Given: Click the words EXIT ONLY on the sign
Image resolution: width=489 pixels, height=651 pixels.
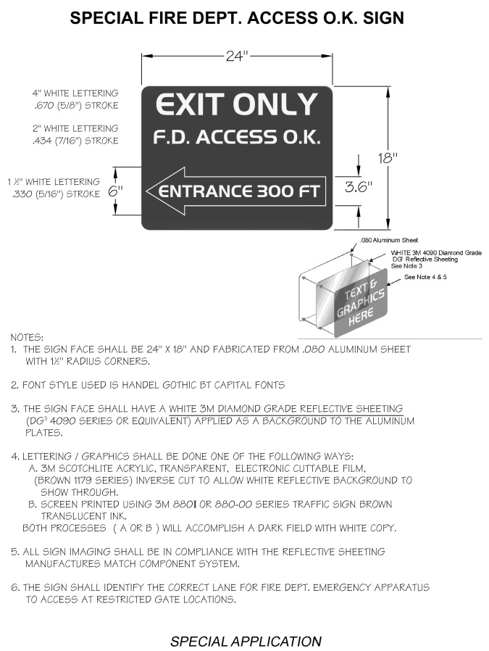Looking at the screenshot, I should [237, 105].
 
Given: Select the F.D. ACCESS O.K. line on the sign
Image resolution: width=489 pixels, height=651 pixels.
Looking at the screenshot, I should [237, 137].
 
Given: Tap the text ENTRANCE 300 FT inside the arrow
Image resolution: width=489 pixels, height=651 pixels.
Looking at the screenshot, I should [241, 192].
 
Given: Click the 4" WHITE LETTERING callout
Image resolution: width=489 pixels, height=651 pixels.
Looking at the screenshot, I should [75, 94].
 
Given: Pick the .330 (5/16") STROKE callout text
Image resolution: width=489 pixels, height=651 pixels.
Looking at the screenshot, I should [55, 194].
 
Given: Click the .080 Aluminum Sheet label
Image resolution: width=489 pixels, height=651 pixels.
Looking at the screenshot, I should [389, 240].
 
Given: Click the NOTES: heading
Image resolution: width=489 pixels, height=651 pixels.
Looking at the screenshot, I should [27, 337].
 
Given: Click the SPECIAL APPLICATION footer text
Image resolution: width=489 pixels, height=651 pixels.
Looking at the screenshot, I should [246, 641].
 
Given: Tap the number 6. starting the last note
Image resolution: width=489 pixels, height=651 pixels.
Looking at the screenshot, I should [14, 587].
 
